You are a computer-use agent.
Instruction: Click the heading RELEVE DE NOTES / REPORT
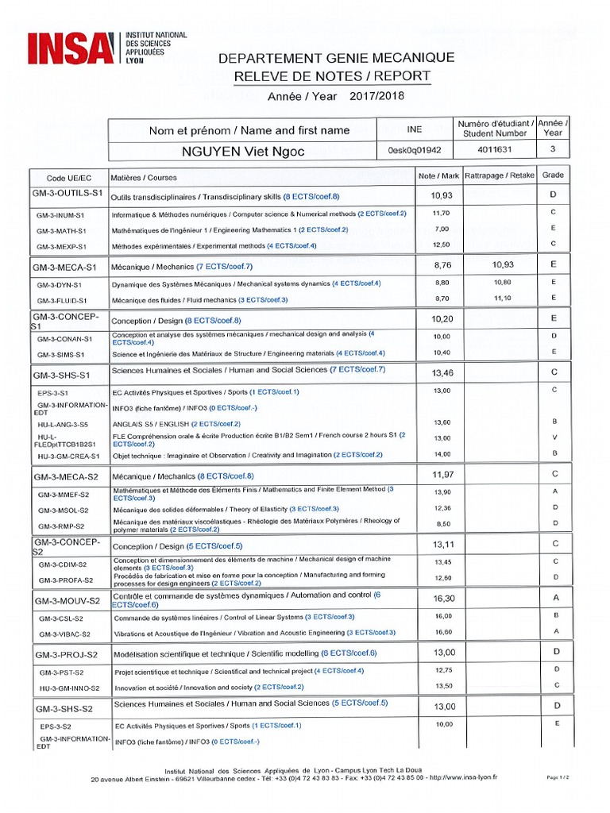[x=332, y=76]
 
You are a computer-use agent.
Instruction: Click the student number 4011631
[x=494, y=149]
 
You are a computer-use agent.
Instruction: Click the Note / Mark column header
[x=438, y=175]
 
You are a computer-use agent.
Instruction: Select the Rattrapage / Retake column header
[x=499, y=175]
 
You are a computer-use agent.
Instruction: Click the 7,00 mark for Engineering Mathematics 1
[x=442, y=229]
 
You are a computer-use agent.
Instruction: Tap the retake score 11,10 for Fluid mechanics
[x=501, y=299]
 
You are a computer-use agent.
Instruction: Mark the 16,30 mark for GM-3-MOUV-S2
[x=442, y=598]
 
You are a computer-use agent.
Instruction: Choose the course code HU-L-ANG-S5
[x=64, y=423]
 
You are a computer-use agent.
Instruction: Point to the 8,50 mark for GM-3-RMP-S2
[x=442, y=524]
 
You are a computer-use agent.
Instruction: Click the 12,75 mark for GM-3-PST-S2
[x=442, y=670]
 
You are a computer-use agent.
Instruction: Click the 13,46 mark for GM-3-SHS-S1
[x=442, y=372]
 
